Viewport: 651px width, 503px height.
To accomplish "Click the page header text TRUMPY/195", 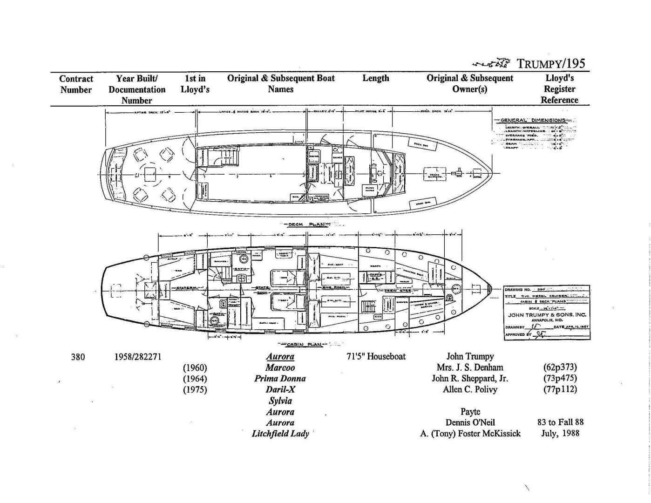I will (x=551, y=63).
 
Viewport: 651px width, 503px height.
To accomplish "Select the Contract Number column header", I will (x=76, y=84).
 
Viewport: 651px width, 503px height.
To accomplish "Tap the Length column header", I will (x=375, y=78).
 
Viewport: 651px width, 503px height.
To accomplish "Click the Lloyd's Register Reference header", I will (x=559, y=89).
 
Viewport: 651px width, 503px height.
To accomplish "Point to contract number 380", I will (x=78, y=357).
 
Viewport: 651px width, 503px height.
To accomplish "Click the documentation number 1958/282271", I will (x=138, y=357).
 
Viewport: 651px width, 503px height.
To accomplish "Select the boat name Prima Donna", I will (x=280, y=379).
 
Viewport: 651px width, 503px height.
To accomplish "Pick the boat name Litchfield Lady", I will (x=280, y=434).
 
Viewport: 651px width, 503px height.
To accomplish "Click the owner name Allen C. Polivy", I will (x=470, y=390).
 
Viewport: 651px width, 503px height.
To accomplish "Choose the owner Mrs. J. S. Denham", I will (x=470, y=367).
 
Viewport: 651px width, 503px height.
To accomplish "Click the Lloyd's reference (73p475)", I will (x=560, y=379).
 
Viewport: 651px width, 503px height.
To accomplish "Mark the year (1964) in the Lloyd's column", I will (x=195, y=379).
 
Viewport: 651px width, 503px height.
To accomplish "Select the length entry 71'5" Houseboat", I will (x=376, y=357).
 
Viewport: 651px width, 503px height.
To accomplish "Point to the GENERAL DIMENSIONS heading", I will (x=533, y=120).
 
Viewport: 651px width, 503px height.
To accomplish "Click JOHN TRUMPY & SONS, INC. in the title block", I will (x=547, y=315).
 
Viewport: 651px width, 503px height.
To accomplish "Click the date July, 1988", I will (x=560, y=434).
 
